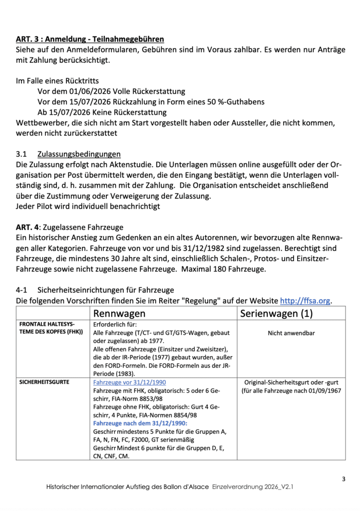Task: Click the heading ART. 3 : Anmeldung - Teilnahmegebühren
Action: pos(90,39)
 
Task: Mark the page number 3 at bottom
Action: pos(344,480)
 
